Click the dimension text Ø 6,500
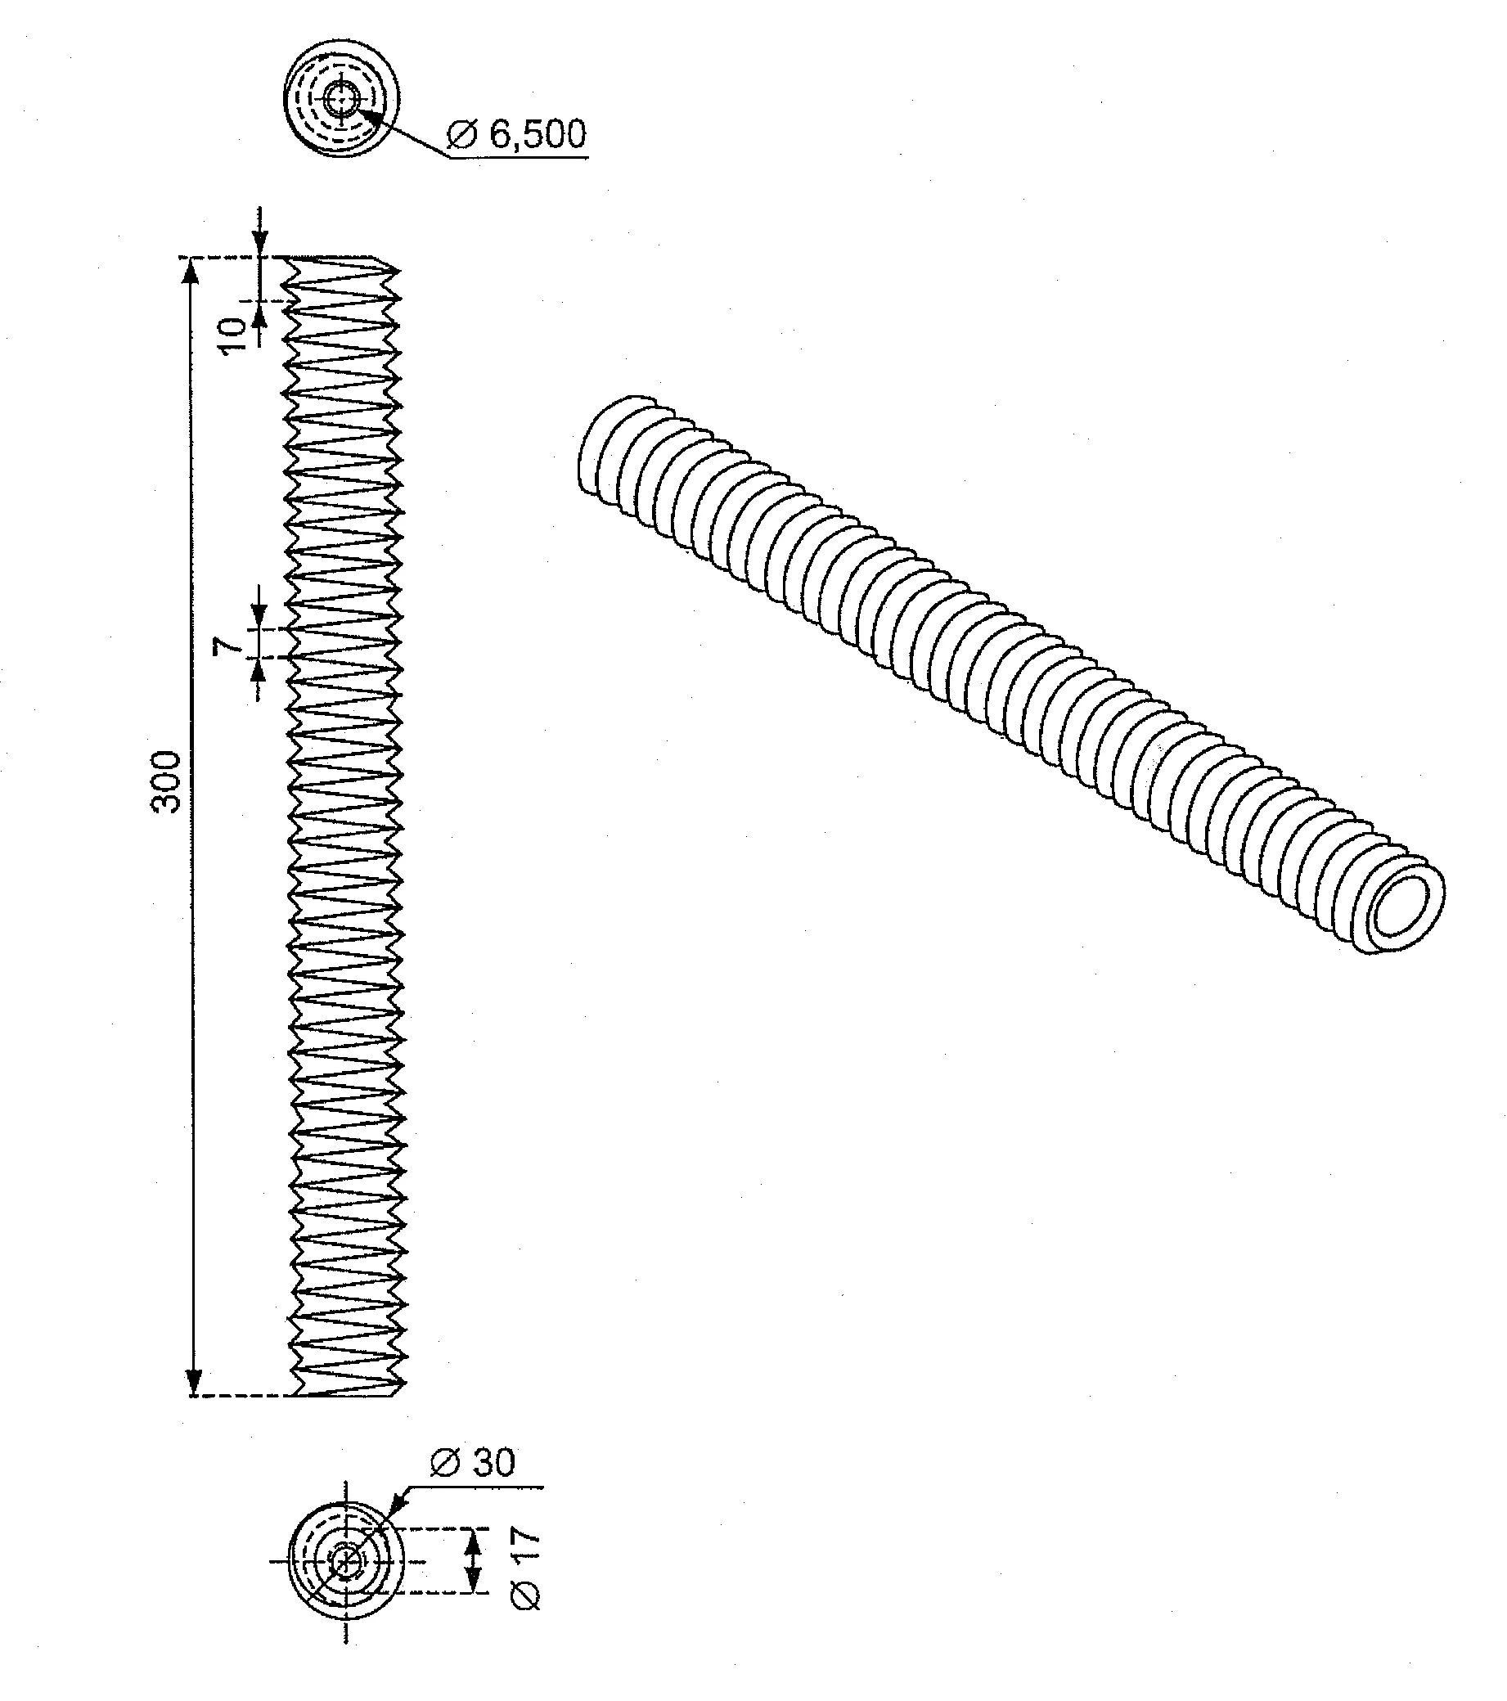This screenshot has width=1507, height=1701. tap(516, 134)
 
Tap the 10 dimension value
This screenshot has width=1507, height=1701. tap(235, 334)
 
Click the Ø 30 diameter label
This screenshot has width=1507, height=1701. tap(474, 1461)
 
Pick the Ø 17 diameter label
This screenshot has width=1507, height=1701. tap(526, 1568)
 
